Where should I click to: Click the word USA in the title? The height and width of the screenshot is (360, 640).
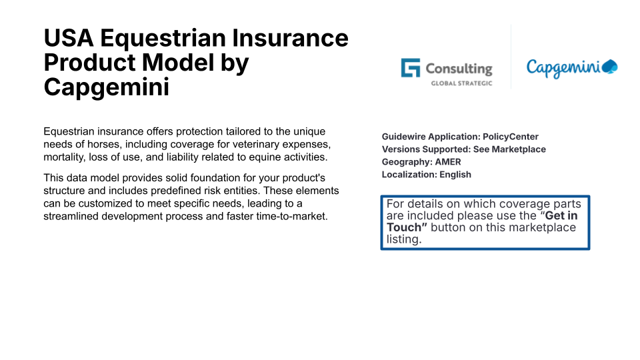69,38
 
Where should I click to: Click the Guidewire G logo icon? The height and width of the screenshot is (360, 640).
410,68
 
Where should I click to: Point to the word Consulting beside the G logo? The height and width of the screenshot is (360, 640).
459,69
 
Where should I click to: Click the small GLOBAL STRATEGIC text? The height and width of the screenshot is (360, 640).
461,83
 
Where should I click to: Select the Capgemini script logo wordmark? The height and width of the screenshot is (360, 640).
564,68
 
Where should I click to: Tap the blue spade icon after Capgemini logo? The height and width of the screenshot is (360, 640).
610,67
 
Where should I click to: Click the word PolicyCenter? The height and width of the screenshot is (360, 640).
511,137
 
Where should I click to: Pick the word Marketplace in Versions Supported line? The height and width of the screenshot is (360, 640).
519,149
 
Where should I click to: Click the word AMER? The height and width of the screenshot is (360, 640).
448,162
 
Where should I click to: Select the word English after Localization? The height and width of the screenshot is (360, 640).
455,175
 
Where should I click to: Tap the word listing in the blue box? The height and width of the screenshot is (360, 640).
404,239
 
